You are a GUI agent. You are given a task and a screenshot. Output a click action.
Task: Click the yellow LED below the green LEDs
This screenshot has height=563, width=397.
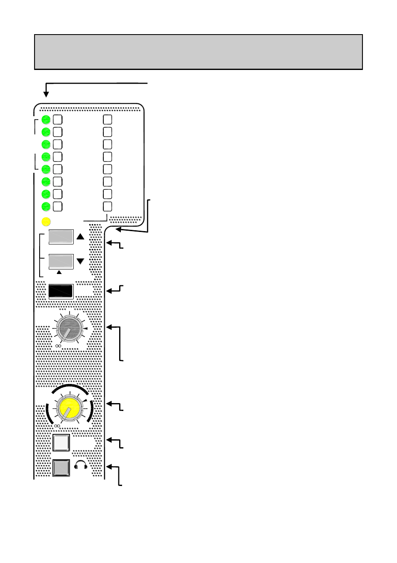[x=46, y=222]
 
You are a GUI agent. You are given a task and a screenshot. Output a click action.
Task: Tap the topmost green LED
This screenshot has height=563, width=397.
[x=46, y=120]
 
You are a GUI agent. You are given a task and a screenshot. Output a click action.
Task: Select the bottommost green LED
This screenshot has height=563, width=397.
[x=46, y=206]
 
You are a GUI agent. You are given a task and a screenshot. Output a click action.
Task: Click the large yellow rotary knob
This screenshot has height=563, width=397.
[x=70, y=409]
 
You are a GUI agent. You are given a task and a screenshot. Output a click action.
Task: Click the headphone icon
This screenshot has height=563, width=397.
[x=80, y=466]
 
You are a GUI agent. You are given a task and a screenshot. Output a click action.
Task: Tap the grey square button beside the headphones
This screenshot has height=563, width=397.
[x=62, y=468]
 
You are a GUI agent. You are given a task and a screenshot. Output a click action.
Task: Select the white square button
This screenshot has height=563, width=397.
[x=62, y=443]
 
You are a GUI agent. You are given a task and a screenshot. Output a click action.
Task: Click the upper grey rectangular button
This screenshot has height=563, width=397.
[x=61, y=237]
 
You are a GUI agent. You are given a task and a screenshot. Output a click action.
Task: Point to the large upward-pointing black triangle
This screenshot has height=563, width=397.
[x=80, y=237]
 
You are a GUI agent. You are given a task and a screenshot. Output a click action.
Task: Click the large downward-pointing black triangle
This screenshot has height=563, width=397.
[x=80, y=262]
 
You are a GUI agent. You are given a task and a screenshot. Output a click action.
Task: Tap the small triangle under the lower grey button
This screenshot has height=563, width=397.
[x=59, y=272]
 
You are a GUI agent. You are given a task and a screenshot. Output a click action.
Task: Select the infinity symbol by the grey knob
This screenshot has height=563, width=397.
[x=58, y=346]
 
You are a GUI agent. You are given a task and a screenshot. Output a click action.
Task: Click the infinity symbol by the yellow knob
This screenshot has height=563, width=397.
[x=57, y=426]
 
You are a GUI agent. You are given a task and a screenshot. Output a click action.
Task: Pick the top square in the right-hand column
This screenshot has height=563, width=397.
[x=107, y=120]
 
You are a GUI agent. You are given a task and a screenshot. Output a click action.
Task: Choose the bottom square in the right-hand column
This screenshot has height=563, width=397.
[x=107, y=206]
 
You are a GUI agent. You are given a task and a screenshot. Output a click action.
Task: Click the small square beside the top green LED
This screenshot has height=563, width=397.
[x=58, y=120]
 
